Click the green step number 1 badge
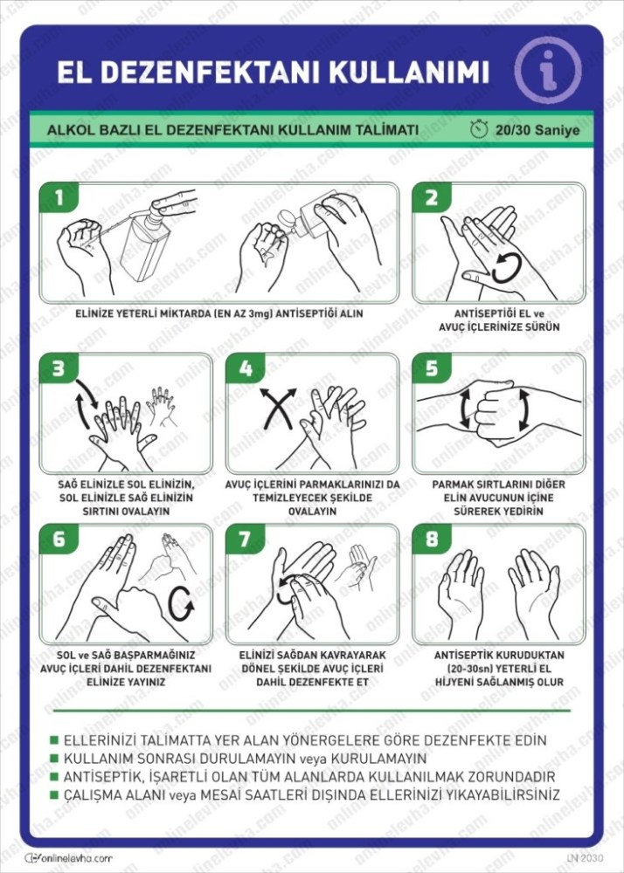pyautogui.click(x=59, y=197)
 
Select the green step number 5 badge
pyautogui.click(x=432, y=368)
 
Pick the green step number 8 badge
pyautogui.click(x=432, y=539)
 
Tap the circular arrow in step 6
pyautogui.click(x=181, y=603)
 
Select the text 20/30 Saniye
pyautogui.click(x=537, y=130)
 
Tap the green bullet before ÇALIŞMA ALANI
pyautogui.click(x=54, y=794)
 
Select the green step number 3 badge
pyautogui.click(x=59, y=368)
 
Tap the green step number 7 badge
pyautogui.click(x=245, y=539)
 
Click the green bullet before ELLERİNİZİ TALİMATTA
pyautogui.click(x=54, y=740)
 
